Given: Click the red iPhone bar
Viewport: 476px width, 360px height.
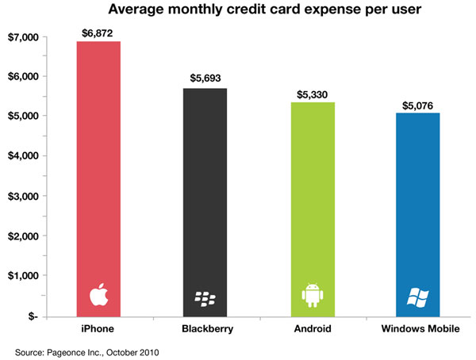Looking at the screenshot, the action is point(98,179).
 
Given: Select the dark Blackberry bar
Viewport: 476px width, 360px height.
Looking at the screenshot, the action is point(205,203).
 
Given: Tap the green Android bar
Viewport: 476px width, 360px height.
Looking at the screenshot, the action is point(313,210).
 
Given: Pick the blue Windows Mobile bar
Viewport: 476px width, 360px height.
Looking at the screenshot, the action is point(418,215).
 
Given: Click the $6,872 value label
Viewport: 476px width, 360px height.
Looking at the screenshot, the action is point(97,33).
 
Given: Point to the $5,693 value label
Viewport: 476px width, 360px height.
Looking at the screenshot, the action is point(205,78).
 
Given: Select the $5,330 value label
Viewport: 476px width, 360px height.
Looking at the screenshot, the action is point(312,94).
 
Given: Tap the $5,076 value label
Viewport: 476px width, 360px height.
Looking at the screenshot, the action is point(418,105).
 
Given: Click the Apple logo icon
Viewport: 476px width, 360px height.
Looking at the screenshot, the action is point(98,294).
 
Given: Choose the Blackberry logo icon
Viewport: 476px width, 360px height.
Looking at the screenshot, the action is point(205,299).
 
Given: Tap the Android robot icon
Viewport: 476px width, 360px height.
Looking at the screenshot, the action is point(313,295).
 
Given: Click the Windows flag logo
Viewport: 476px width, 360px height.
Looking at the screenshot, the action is point(418,298).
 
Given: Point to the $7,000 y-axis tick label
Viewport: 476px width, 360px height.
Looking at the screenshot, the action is point(23,37).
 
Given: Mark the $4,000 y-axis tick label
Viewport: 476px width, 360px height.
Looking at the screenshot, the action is point(23,155).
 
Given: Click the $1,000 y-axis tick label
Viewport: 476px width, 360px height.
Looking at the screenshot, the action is point(23,275).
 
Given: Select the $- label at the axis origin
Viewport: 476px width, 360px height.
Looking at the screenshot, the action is point(33,316).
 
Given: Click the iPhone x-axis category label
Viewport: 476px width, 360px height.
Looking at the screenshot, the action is point(98,328).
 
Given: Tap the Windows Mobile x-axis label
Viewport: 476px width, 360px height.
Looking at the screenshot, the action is point(420,328).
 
